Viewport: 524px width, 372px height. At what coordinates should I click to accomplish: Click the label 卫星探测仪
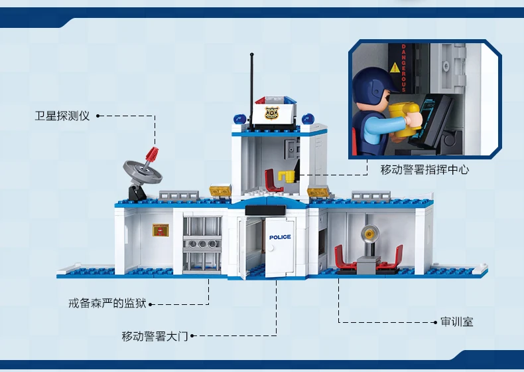[x=62, y=116]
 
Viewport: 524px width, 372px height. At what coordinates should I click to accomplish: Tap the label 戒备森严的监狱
[x=107, y=304]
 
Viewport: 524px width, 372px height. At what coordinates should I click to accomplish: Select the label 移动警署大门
[x=155, y=336]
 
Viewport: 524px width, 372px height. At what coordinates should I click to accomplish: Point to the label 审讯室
[x=457, y=322]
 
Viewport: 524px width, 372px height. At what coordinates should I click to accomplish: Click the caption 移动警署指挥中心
[x=425, y=169]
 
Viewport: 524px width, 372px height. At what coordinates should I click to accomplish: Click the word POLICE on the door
[x=280, y=237]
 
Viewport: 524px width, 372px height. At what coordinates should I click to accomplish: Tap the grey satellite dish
[x=143, y=171]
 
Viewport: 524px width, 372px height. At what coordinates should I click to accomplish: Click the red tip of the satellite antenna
[x=152, y=154]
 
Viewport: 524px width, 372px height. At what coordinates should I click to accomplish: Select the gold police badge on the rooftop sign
[x=271, y=113]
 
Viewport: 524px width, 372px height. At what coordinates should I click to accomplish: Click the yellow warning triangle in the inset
[x=395, y=68]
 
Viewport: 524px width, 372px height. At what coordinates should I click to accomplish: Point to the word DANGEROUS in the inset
[x=403, y=68]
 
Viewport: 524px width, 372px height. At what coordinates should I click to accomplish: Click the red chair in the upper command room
[x=273, y=181]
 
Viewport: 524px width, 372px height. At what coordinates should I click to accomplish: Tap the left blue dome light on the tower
[x=239, y=119]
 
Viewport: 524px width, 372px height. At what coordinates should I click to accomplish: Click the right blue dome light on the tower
[x=308, y=119]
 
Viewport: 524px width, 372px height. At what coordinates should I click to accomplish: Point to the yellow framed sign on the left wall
[x=161, y=230]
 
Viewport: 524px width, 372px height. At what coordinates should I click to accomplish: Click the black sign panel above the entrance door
[x=266, y=210]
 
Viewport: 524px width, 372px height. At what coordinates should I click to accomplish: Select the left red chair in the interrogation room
[x=345, y=258]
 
